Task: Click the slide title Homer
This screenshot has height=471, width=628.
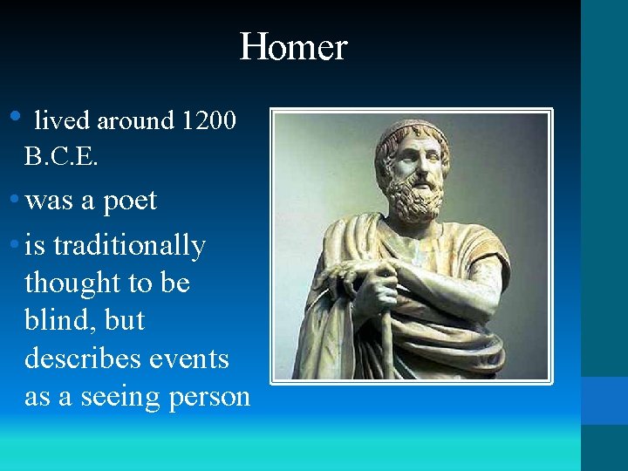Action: point(293,46)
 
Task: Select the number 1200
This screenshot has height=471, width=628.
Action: point(208,121)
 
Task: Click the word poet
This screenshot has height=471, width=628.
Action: point(130,201)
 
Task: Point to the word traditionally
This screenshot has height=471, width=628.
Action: point(129,247)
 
